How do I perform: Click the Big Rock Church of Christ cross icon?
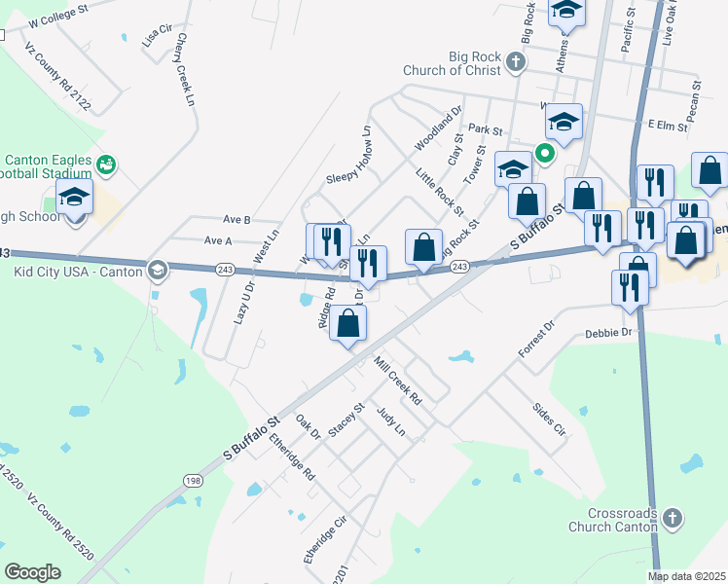[516, 63]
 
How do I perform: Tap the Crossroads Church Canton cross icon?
[671, 518]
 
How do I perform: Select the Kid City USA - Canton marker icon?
[156, 269]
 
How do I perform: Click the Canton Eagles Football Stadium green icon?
[106, 165]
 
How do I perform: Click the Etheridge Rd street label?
[293, 460]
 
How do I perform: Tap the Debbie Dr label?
[609, 333]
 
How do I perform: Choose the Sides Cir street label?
[549, 417]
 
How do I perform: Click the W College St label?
[58, 13]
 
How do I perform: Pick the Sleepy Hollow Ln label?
[349, 155]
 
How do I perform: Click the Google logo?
[33, 571]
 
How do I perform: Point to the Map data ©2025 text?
[687, 576]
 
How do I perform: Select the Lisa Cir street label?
[157, 38]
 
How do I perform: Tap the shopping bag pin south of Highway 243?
[347, 324]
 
